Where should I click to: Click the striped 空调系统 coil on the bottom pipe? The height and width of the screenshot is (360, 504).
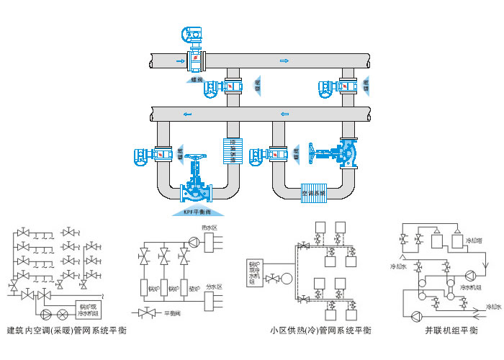312,192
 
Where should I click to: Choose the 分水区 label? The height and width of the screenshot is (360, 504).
215,287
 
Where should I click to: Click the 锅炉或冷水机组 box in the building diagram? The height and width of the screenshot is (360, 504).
90,309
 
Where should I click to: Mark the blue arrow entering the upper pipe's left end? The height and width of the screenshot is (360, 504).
179,61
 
